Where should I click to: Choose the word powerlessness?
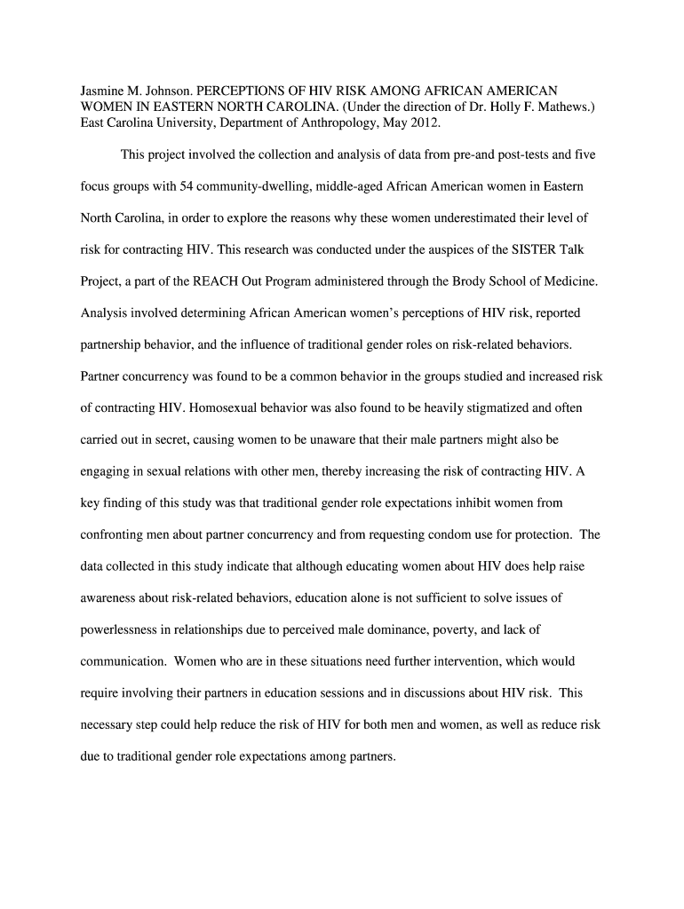point(122,629)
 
